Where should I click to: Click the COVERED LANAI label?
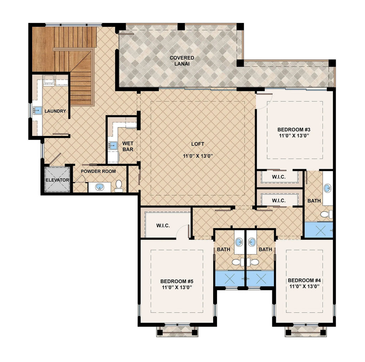(x=182, y=61)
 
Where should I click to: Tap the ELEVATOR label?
(x=57, y=180)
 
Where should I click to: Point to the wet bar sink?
(x=113, y=145)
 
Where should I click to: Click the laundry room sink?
(x=37, y=110)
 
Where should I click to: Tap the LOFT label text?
(x=198, y=144)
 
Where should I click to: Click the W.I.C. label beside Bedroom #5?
(x=163, y=226)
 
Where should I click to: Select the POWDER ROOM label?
(x=98, y=171)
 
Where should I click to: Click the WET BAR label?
(x=128, y=146)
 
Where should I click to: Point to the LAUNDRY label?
(x=55, y=111)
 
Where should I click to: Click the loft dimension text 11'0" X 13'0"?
(x=198, y=156)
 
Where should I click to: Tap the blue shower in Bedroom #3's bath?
(x=318, y=230)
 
